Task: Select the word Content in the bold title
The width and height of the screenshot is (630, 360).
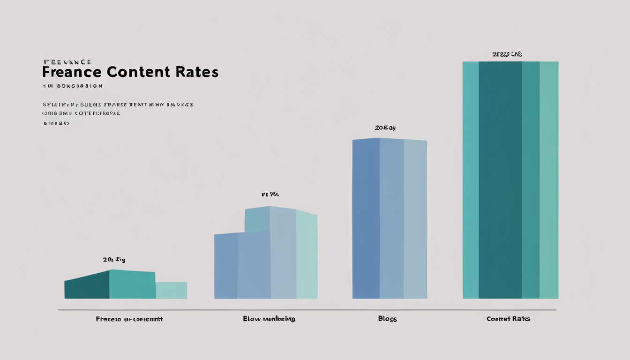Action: click(x=138, y=72)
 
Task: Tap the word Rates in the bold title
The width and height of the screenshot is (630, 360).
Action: click(x=197, y=72)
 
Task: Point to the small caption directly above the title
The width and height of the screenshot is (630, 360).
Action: click(x=67, y=62)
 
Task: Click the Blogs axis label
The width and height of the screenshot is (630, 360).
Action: click(x=387, y=319)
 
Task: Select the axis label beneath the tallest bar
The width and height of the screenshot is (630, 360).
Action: click(x=508, y=319)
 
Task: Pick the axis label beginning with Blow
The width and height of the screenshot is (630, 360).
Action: click(x=269, y=319)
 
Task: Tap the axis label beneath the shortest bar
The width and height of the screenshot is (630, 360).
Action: click(x=129, y=319)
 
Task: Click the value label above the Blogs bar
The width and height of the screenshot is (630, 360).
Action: click(x=385, y=127)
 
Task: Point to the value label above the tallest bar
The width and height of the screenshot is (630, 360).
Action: click(x=507, y=54)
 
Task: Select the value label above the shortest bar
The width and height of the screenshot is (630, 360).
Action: click(x=114, y=260)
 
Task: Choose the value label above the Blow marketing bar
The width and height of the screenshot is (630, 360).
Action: click(x=270, y=194)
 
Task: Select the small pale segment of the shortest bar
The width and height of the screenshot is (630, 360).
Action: click(x=171, y=290)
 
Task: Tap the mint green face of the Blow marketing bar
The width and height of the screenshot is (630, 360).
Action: click(x=307, y=255)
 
